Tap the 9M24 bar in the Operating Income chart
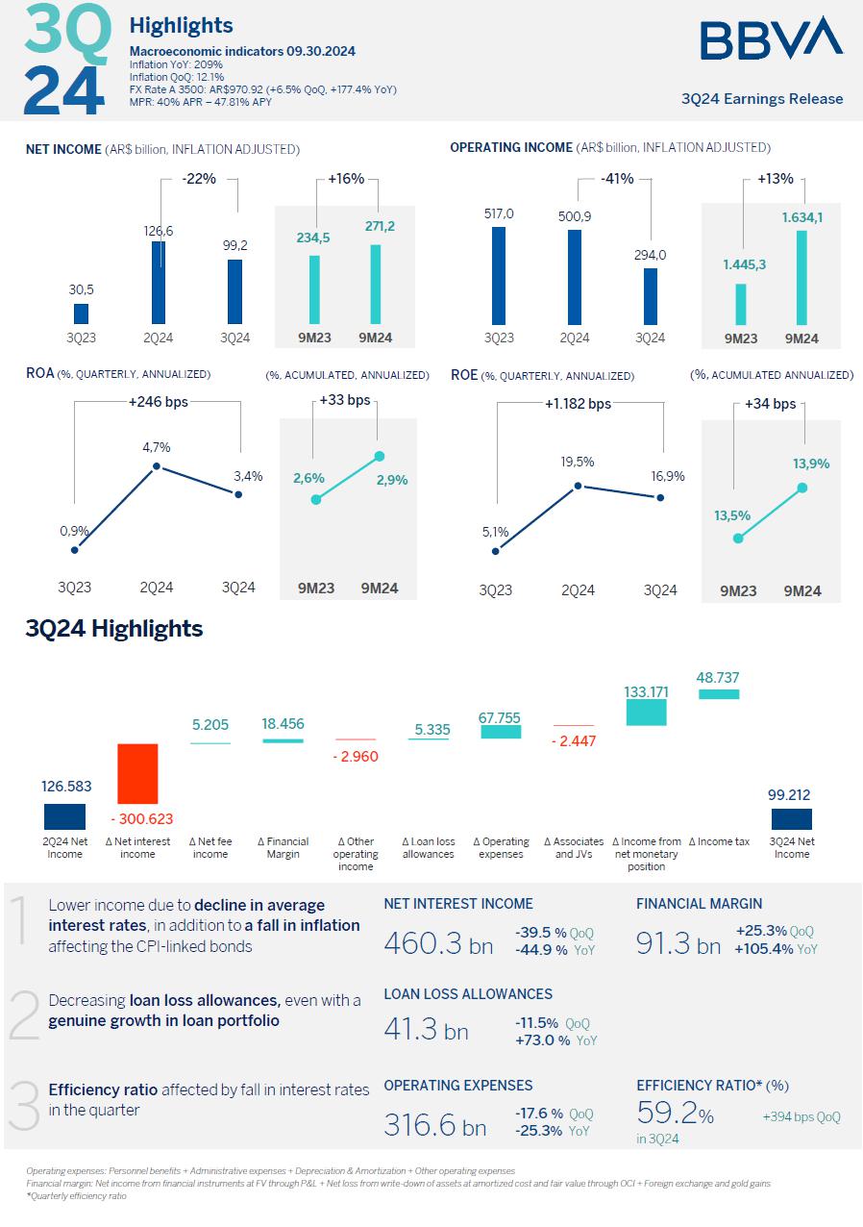pyautogui.click(x=801, y=277)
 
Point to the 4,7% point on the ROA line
pyautogui.click(x=157, y=467)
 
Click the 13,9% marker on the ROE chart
pyautogui.click(x=802, y=488)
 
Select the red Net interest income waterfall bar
pyautogui.click(x=137, y=773)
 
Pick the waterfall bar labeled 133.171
pyautogui.click(x=646, y=713)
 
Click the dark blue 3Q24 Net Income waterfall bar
pyautogui.click(x=792, y=818)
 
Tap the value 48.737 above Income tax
pyautogui.click(x=719, y=677)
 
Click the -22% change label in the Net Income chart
pyautogui.click(x=199, y=179)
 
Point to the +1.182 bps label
pyautogui.click(x=578, y=404)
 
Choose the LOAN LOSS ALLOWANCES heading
pyautogui.click(x=468, y=993)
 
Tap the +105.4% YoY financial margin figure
pyautogui.click(x=777, y=949)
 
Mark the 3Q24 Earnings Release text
pyautogui.click(x=761, y=99)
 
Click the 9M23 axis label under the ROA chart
pyautogui.click(x=314, y=588)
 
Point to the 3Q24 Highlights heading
pyautogui.click(x=114, y=629)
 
